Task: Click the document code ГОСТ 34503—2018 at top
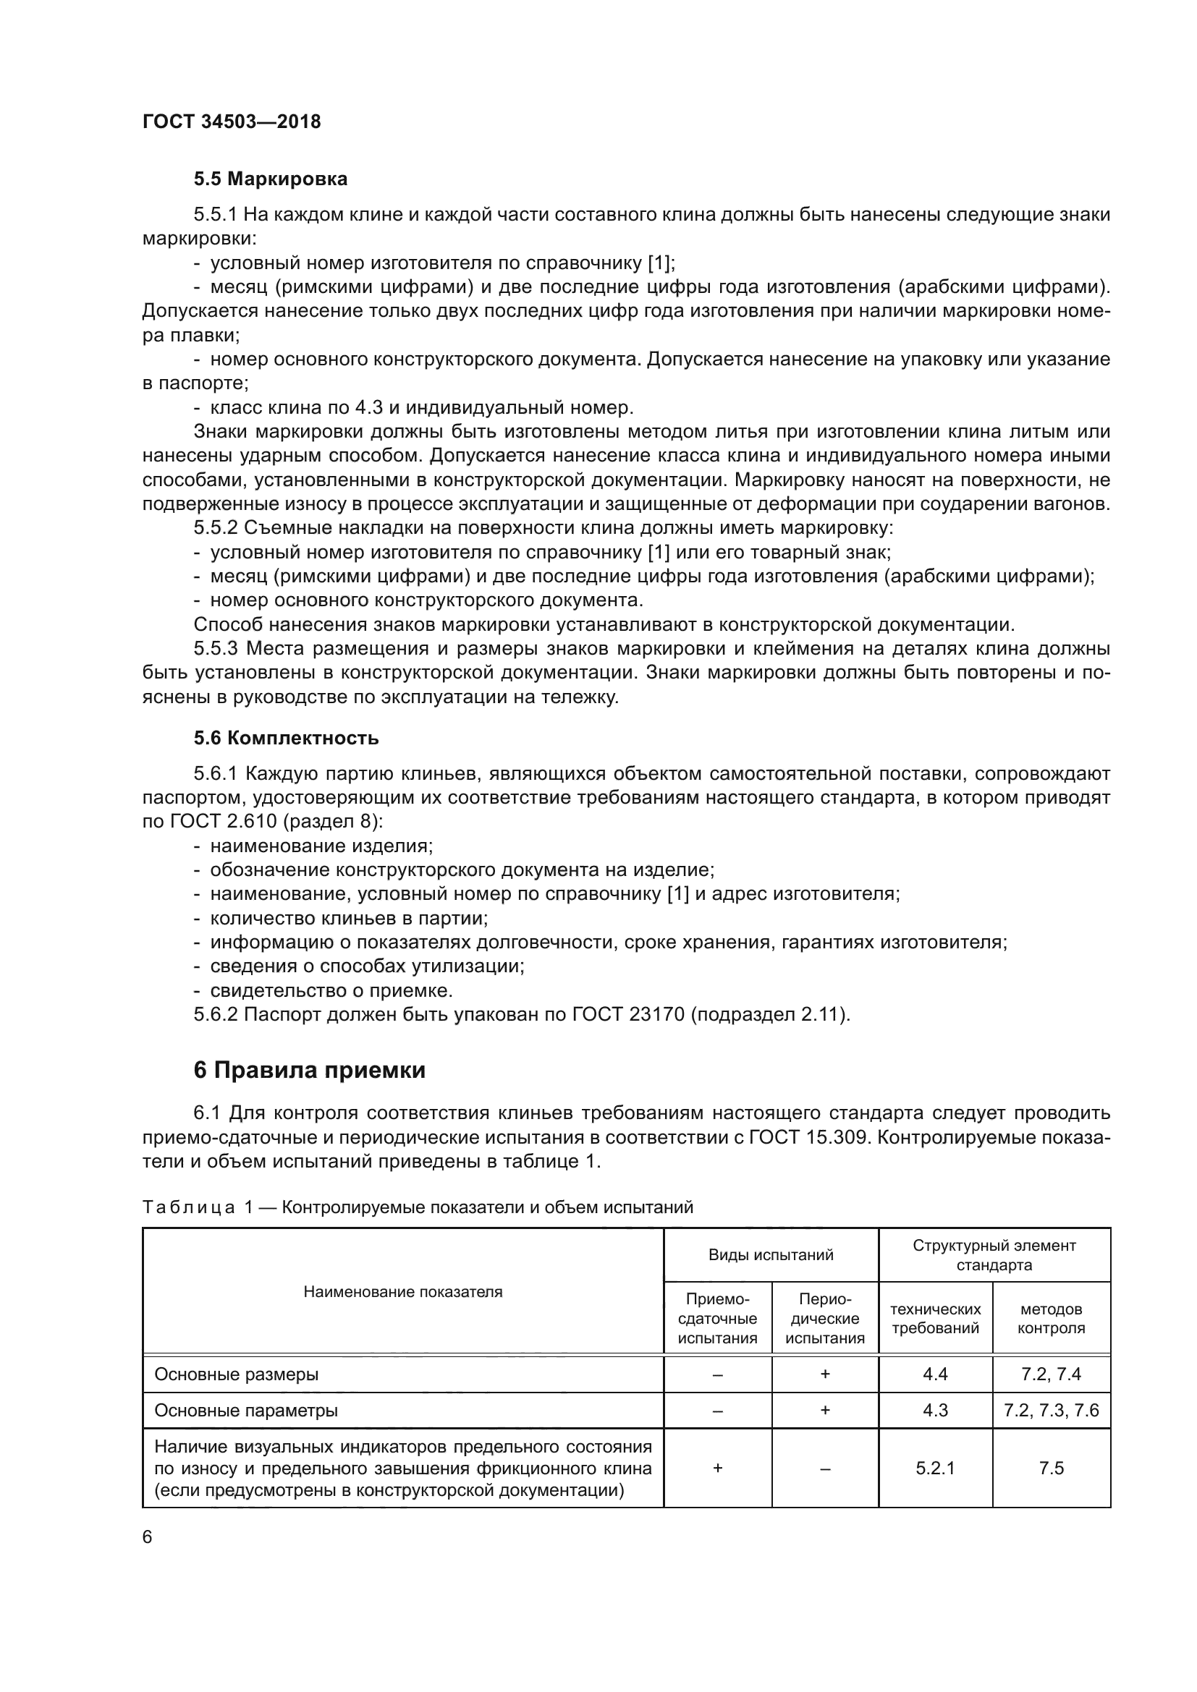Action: (x=232, y=122)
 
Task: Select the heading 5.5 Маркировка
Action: (x=270, y=179)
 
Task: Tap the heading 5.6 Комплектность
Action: (x=286, y=738)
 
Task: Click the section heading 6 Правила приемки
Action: (x=309, y=1070)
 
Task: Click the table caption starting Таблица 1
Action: (x=417, y=1207)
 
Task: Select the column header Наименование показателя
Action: (x=402, y=1291)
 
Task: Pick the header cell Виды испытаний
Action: (x=770, y=1255)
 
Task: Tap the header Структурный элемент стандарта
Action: (x=994, y=1255)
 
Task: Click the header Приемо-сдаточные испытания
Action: (x=717, y=1319)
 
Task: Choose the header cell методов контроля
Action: (x=1051, y=1319)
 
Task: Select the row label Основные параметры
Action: (x=245, y=1411)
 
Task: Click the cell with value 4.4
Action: (x=934, y=1374)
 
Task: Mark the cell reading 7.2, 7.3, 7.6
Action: (x=1051, y=1411)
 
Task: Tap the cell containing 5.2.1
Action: (x=934, y=1468)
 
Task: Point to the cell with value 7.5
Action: (x=1051, y=1468)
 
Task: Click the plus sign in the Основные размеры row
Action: (x=825, y=1374)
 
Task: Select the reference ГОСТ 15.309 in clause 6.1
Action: (x=806, y=1137)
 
